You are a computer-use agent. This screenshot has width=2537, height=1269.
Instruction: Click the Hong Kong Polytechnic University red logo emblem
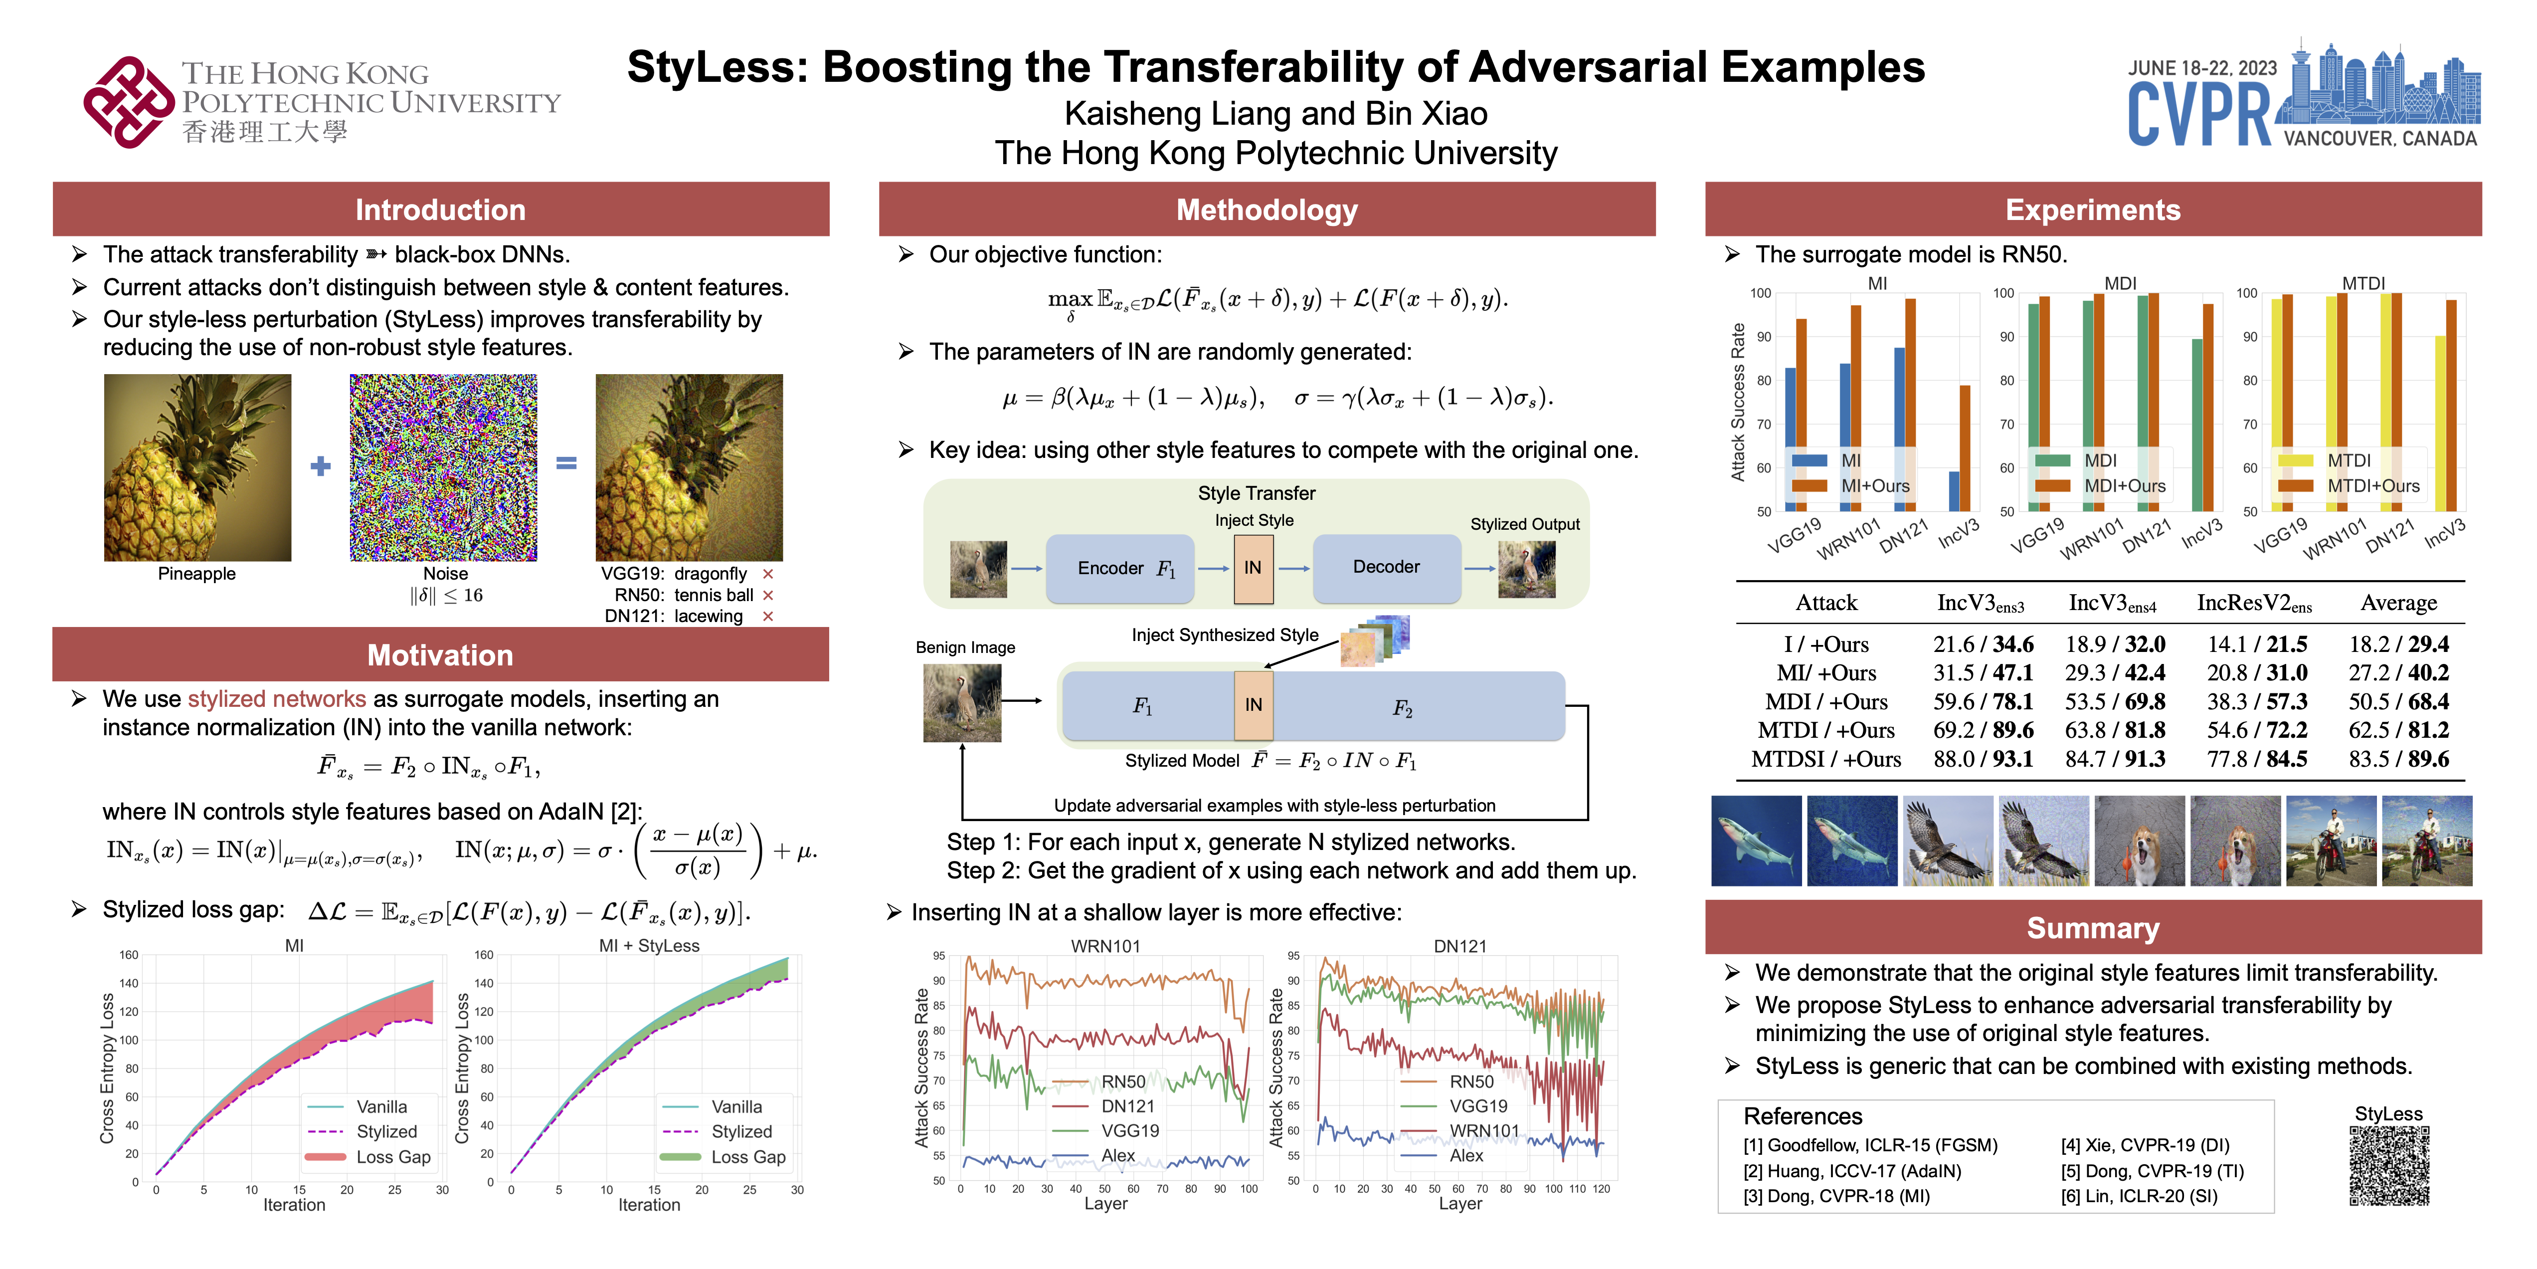[128, 102]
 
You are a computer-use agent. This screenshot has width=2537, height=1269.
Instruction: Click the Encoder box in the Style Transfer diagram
[1120, 569]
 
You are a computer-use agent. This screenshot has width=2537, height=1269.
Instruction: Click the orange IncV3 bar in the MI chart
[1965, 448]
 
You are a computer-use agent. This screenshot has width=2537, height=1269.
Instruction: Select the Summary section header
[2093, 928]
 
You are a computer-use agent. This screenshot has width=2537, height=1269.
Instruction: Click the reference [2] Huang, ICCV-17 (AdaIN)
[1851, 1170]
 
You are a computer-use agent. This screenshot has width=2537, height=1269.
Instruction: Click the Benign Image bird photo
[962, 702]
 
